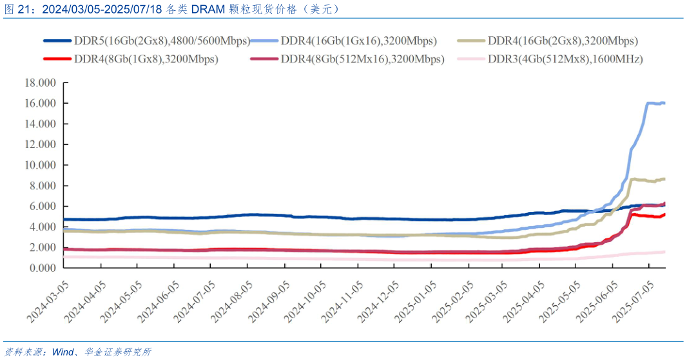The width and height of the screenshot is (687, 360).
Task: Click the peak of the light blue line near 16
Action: click(650, 102)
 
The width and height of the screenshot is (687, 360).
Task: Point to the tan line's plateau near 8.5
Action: click(638, 180)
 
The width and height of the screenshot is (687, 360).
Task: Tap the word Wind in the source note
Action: click(63, 352)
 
